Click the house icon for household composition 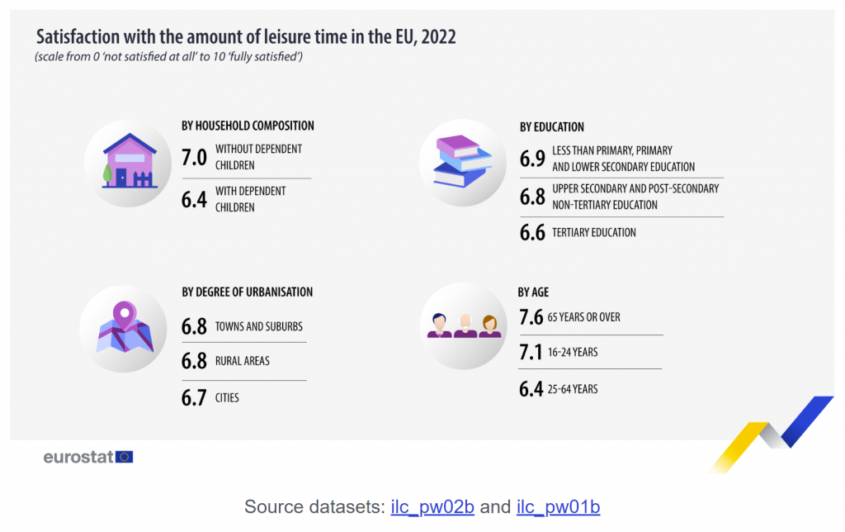pos(130,161)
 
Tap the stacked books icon pos(462,161)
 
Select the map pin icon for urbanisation pos(124,328)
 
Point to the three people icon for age pos(464,324)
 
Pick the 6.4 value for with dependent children pos(194,199)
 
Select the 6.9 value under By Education pos(532,159)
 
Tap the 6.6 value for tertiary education pos(532,233)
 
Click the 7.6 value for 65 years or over pos(531,317)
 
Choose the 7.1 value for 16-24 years pos(531,353)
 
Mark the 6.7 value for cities pos(194,398)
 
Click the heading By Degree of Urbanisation pos(247,292)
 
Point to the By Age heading pos(533,292)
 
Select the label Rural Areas pos(242,361)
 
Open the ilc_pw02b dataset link pos(432,506)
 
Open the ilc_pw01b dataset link pos(558,506)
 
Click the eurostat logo pos(87,457)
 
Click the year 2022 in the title pos(438,37)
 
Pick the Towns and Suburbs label pos(258,326)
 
